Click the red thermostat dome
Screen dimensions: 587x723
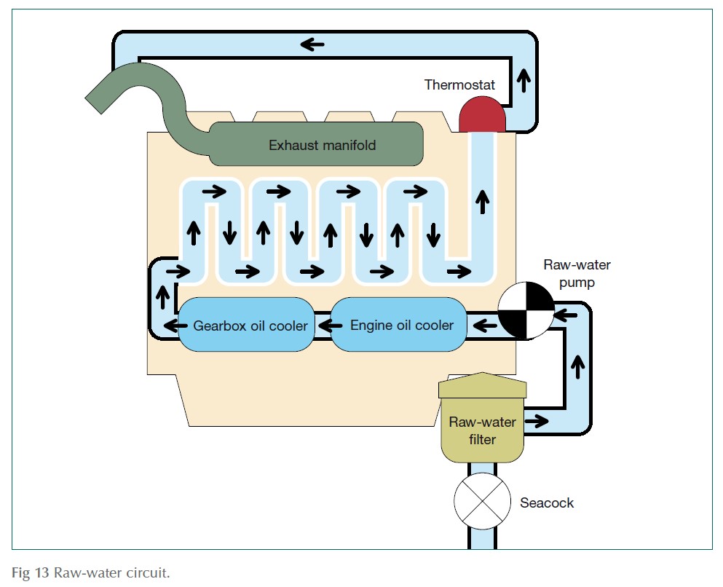tap(482, 116)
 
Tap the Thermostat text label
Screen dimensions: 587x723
tap(459, 85)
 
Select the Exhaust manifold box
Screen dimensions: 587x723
tap(322, 144)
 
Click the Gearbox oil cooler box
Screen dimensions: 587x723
tap(250, 325)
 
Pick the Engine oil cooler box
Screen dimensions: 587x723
tap(402, 325)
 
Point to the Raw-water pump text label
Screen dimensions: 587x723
tap(569, 273)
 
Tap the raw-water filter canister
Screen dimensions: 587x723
tap(482, 430)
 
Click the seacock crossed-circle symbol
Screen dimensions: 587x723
tap(482, 502)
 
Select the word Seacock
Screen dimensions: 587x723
tap(546, 503)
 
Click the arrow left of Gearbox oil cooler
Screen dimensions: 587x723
tap(172, 325)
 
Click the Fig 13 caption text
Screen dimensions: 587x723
tap(91, 572)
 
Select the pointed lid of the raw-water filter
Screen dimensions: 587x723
tap(482, 383)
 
